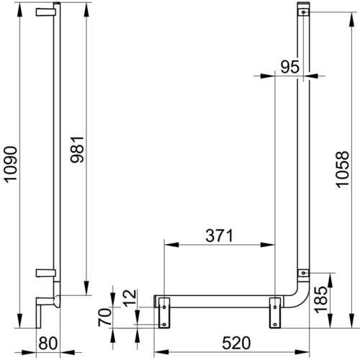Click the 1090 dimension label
pos(12,164)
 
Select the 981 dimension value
pos(77,150)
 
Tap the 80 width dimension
pos(48,343)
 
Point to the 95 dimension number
pos(290,67)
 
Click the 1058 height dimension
pos(342,169)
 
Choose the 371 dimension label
pos(220,235)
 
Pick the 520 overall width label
pos(236,343)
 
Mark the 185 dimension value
pos(321,300)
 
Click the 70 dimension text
pos(105,318)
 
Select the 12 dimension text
pos(130,298)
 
